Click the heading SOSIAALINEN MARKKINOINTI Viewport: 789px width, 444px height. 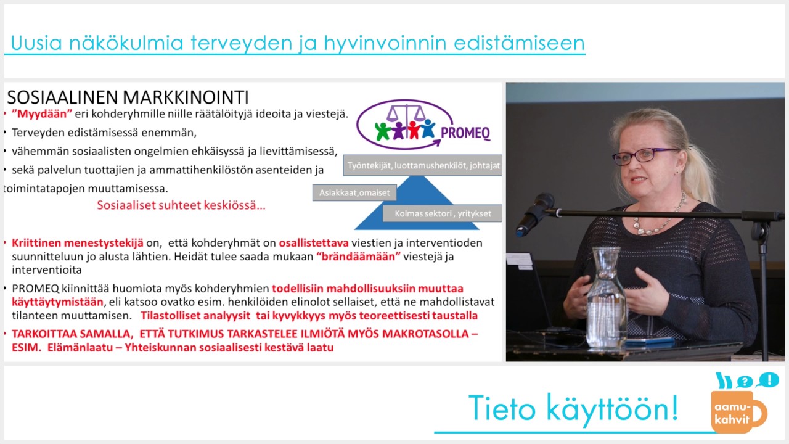click(x=128, y=97)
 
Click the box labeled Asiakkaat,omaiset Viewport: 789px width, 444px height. click(x=354, y=193)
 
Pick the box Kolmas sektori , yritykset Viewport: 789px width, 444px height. click(x=443, y=213)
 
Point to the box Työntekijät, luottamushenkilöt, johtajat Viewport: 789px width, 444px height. click(x=423, y=165)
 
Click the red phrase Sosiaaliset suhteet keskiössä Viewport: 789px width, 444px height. click(x=181, y=205)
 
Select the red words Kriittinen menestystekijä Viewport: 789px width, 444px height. click(x=78, y=243)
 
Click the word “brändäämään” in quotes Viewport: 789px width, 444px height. click(x=358, y=257)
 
